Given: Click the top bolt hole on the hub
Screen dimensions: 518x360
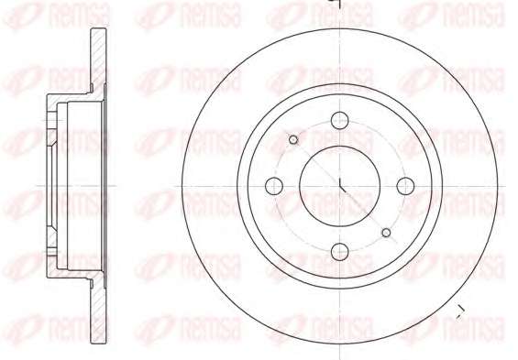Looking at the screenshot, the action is pos(339,120).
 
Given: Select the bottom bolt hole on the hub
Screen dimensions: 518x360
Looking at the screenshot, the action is pos(339,252).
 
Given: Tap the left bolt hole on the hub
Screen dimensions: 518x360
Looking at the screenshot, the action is pos(274,186).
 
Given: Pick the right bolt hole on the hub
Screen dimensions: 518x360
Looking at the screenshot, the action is pos(405,186).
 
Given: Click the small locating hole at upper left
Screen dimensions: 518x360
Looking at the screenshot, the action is pos(293,140).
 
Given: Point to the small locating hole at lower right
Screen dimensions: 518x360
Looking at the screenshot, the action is pos(386,233).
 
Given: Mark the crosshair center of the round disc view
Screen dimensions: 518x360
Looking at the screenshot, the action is pos(340,186).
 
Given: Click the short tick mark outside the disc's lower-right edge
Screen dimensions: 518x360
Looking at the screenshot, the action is pos(460,311).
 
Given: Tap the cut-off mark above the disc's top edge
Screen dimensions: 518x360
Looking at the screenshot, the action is pos(337,3).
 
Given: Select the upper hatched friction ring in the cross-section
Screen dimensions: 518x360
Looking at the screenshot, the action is pos(98,60).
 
